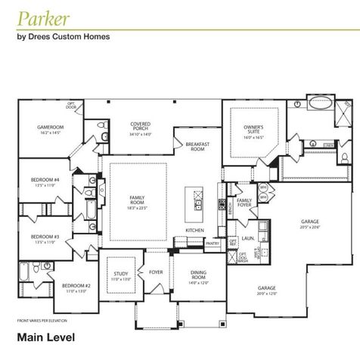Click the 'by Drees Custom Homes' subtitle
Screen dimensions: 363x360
point(64,36)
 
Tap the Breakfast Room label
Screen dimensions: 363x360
point(198,147)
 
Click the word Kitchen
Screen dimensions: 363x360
point(195,230)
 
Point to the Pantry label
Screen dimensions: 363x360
point(213,244)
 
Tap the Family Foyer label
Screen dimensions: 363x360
point(244,203)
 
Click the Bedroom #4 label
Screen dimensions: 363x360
point(45,180)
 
